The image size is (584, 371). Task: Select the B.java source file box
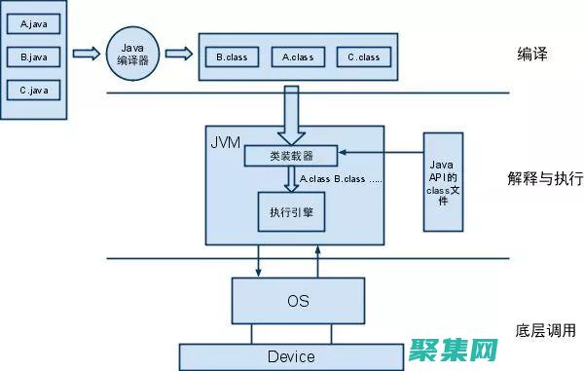click(x=34, y=57)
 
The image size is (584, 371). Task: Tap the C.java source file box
click(x=34, y=91)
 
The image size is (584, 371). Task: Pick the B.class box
click(x=232, y=56)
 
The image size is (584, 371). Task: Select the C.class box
click(x=362, y=56)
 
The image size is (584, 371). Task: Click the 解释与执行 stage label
click(x=544, y=179)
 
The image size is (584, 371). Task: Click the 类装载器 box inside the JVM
click(x=290, y=156)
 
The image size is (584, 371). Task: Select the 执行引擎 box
click(x=289, y=211)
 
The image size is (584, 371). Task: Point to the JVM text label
click(x=226, y=142)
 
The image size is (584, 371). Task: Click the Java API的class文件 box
click(x=441, y=181)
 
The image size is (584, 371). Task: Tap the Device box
click(x=291, y=356)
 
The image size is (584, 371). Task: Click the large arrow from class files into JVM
click(x=290, y=112)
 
